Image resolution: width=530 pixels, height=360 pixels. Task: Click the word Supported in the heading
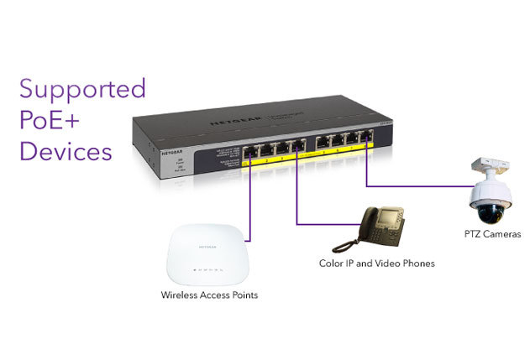point(82,90)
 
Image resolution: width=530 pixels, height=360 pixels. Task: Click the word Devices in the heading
point(65,152)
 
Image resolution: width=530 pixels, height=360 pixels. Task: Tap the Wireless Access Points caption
point(209,295)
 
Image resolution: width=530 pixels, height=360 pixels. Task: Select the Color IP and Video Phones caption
point(378,264)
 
